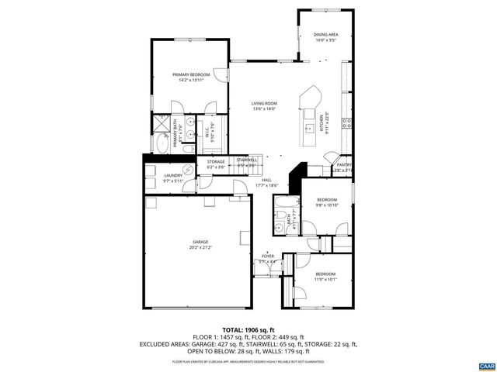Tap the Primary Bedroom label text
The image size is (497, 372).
coord(191,75)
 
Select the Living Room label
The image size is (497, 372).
coord(264,105)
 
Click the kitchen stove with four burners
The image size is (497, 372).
coord(349,122)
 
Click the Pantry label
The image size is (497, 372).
coord(344,164)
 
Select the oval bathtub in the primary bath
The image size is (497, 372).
coord(162,144)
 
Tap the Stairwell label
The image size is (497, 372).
coord(247,162)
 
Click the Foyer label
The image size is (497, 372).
coord(267,258)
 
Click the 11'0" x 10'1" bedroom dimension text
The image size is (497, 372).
coord(325,279)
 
